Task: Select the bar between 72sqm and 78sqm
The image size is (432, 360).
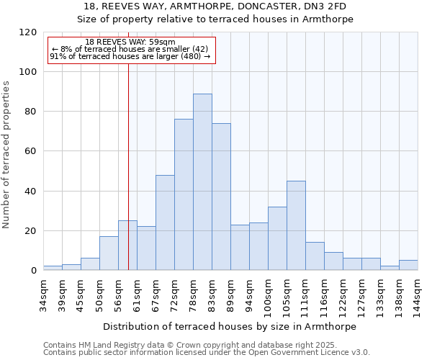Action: coord(184,194)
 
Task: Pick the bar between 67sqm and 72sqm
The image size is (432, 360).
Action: coord(165,222)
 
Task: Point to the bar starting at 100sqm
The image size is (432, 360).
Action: coord(277,238)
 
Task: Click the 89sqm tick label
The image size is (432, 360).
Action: coord(230,291)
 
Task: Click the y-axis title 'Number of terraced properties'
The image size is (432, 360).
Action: coord(7,154)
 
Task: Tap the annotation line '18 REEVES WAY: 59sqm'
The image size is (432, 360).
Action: coord(130,42)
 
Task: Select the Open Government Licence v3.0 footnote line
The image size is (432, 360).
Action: coord(207,353)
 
